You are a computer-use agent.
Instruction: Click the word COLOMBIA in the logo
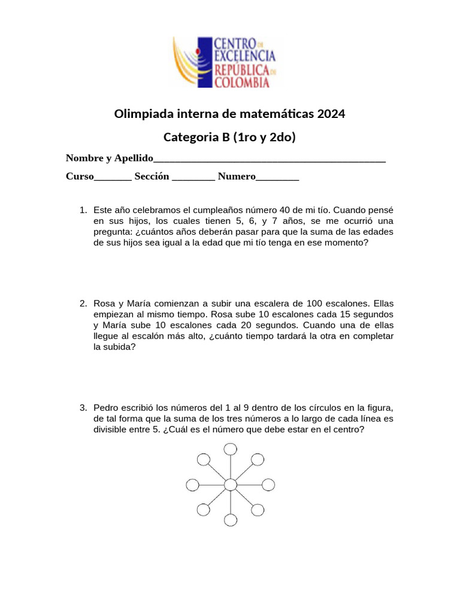point(242,83)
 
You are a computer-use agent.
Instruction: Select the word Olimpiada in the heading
point(142,113)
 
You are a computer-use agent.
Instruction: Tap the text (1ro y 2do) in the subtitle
point(265,137)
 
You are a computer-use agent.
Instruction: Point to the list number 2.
point(83,304)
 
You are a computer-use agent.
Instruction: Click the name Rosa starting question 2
point(104,304)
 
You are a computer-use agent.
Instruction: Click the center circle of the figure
point(230,484)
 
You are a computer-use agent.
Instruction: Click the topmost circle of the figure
point(230,449)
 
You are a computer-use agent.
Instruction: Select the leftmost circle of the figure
point(193,484)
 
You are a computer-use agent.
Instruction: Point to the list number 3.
point(83,408)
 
